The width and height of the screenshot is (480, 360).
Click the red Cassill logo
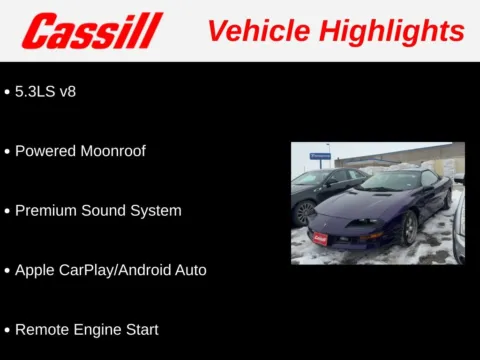tap(92, 31)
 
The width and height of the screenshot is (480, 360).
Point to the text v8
tap(67, 91)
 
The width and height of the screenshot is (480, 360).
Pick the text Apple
tap(35, 270)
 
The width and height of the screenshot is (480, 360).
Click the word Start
tap(141, 329)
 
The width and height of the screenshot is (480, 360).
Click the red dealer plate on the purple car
tap(320, 238)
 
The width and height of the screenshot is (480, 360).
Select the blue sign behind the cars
tap(320, 156)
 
